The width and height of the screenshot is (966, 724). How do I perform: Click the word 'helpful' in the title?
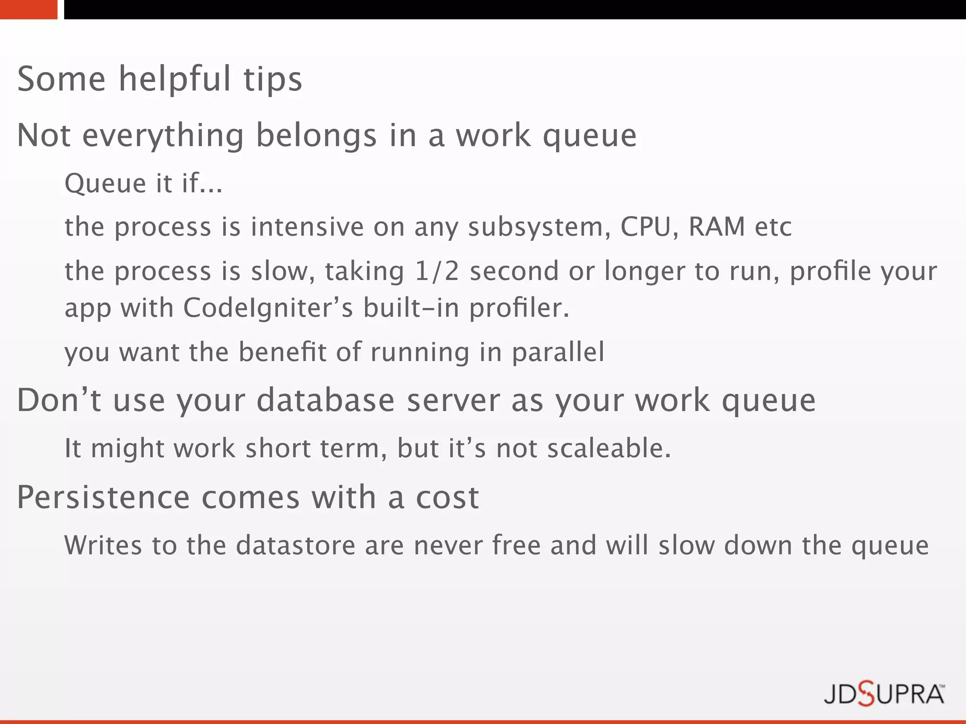pyautogui.click(x=175, y=79)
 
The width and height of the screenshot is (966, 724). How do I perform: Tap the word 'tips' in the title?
pyautogui.click(x=273, y=79)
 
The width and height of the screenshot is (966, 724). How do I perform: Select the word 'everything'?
pyautogui.click(x=163, y=136)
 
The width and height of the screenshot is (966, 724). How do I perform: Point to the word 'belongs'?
pyautogui.click(x=316, y=136)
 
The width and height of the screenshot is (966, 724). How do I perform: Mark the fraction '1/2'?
pyautogui.click(x=437, y=271)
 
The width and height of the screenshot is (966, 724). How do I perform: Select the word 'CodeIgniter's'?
pyautogui.click(x=268, y=308)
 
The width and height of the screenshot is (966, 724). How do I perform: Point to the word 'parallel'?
pyautogui.click(x=558, y=352)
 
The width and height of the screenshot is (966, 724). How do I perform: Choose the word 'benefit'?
pyautogui.click(x=282, y=352)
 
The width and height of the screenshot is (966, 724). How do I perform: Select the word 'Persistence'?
pyautogui.click(x=103, y=497)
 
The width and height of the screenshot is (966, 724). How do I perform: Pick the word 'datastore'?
pyautogui.click(x=296, y=545)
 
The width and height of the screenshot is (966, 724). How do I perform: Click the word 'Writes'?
pyautogui.click(x=103, y=545)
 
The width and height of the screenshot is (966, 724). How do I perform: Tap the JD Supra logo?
pyautogui.click(x=884, y=695)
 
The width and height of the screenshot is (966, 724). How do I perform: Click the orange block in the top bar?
pyautogui.click(x=28, y=9)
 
